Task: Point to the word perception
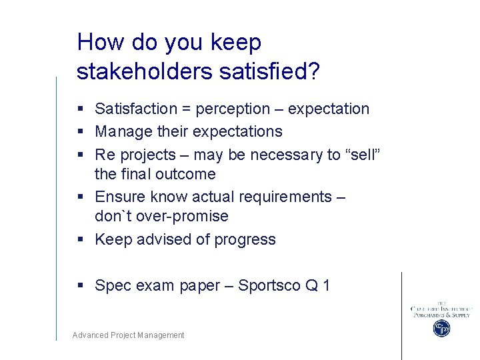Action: [234, 109]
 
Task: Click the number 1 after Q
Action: [325, 285]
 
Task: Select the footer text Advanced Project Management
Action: [128, 335]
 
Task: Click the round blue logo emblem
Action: [441, 328]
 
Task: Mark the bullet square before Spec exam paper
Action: [81, 286]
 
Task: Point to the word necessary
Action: [287, 155]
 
